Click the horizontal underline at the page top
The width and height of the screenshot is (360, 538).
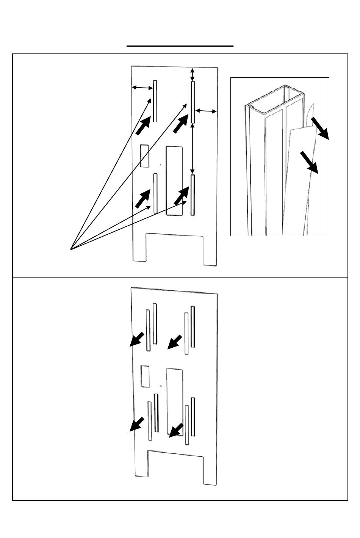[180, 46]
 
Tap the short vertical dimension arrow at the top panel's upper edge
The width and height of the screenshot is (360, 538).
[193, 74]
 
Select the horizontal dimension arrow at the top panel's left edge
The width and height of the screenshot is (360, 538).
[142, 88]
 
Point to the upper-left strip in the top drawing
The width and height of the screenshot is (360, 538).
[155, 101]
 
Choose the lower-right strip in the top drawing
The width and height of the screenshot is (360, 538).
[193, 195]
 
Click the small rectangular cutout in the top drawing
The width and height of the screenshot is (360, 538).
[144, 155]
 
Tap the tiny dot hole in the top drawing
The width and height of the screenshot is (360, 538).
[161, 165]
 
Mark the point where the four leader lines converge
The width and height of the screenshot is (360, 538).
[71, 249]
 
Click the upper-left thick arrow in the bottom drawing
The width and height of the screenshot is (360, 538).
[137, 339]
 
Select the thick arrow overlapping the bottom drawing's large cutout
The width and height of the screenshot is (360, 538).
[176, 430]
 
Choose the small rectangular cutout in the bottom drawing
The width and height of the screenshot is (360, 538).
[145, 376]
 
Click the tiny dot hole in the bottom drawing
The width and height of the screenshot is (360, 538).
[161, 386]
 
